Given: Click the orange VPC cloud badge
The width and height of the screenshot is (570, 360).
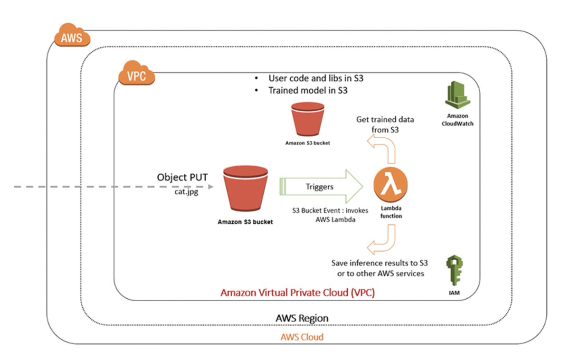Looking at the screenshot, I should coord(137,76).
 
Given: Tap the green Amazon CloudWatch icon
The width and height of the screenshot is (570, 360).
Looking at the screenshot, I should coord(457,96).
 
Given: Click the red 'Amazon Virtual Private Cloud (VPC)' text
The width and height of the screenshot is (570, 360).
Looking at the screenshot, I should coord(297,292).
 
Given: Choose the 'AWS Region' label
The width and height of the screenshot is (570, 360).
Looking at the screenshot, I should coord(302,317).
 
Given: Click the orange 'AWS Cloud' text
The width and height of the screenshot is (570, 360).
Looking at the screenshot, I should coord(302,337).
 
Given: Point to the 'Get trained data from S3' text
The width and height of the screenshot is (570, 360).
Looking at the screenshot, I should coord(385,124).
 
